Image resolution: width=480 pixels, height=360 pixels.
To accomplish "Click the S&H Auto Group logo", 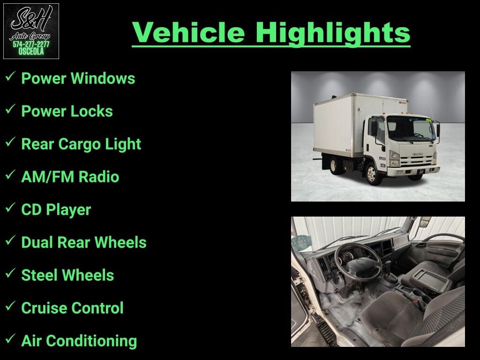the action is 31,31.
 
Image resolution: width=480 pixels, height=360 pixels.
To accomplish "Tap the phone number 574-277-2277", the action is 31,45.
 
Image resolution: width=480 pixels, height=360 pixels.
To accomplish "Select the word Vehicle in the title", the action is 188,32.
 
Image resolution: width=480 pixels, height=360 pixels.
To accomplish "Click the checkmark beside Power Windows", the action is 10,76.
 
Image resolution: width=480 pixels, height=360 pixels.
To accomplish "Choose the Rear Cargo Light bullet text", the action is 81,144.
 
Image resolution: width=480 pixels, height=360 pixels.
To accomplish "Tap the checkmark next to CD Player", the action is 10,208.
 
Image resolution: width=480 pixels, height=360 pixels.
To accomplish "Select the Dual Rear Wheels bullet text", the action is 84,242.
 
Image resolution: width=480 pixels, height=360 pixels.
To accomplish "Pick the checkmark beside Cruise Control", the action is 10,306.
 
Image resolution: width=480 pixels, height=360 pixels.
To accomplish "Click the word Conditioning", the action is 91,341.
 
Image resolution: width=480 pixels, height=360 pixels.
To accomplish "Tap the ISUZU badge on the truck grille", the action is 418,154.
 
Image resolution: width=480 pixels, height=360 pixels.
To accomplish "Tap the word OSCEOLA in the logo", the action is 31,52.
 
